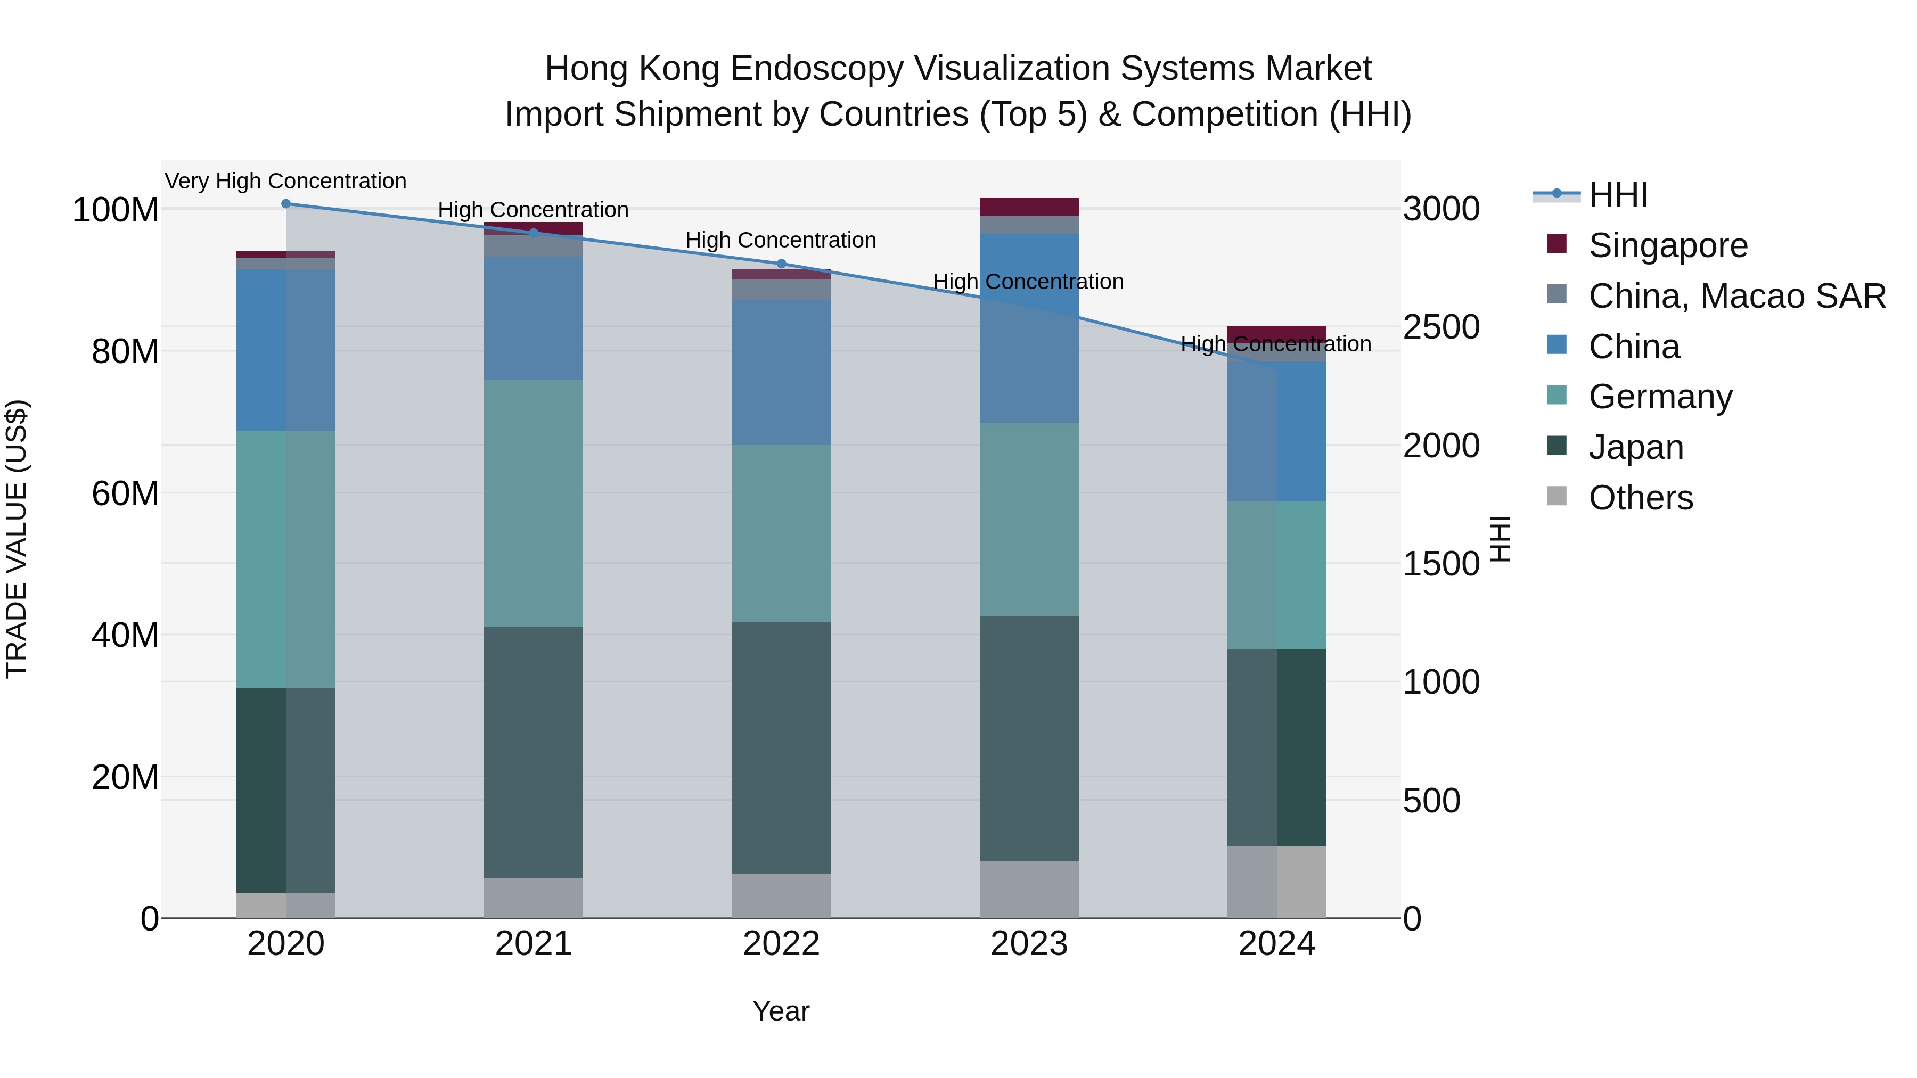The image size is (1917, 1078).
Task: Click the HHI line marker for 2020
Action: pyautogui.click(x=286, y=204)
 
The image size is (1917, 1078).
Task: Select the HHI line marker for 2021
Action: pyautogui.click(x=534, y=233)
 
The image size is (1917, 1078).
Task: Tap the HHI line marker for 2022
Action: pyautogui.click(x=781, y=264)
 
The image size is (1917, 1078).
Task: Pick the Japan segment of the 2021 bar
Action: pyautogui.click(x=534, y=751)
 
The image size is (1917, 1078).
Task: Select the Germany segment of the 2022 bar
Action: pyautogui.click(x=781, y=533)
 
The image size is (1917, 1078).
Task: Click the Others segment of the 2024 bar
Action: pyautogui.click(x=1277, y=882)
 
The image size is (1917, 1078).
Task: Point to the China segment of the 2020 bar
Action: pyautogui.click(x=286, y=350)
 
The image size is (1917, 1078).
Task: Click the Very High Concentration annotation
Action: pyautogui.click(x=286, y=182)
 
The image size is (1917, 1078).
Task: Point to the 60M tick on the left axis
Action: pyautogui.click(x=125, y=493)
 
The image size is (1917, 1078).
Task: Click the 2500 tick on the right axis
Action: pyautogui.click(x=1441, y=327)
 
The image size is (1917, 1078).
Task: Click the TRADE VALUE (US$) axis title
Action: pyautogui.click(x=17, y=539)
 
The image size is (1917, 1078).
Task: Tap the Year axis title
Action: pyautogui.click(x=781, y=1011)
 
